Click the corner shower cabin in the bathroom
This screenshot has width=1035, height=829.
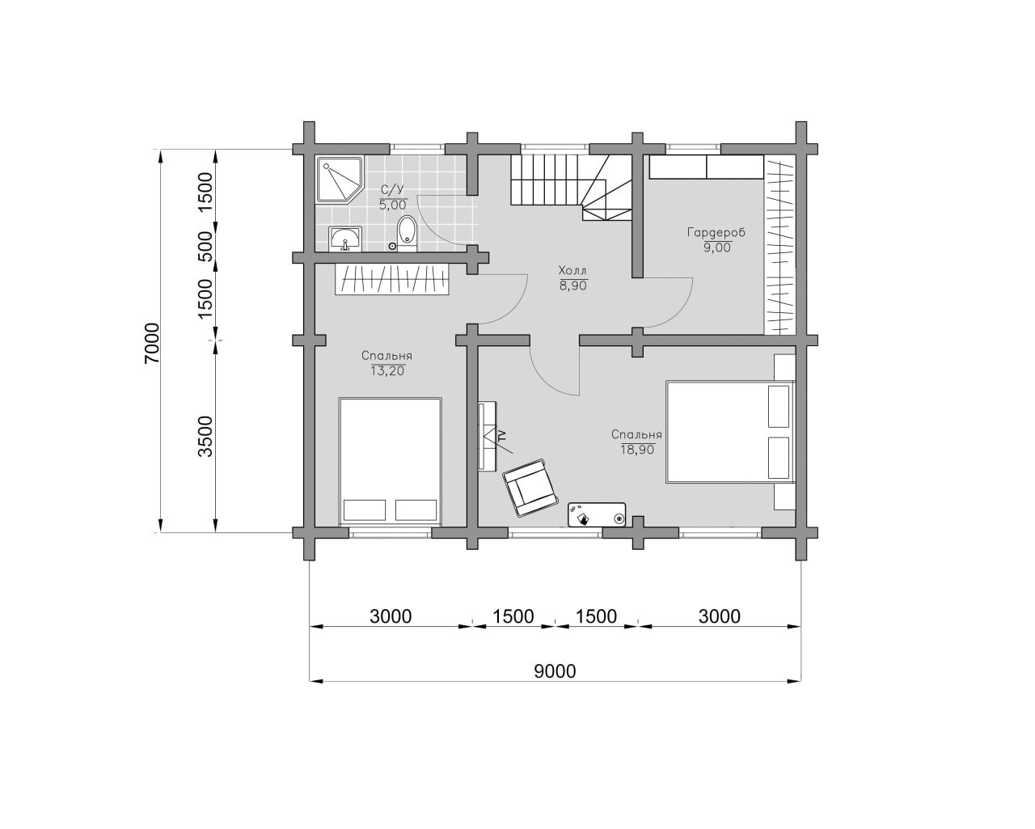coord(340,180)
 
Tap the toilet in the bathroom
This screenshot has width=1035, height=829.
coord(407,234)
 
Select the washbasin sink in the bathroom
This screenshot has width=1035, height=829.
coord(344,239)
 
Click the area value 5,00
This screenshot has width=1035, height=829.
coord(392,205)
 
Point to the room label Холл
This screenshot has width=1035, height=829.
coord(572,270)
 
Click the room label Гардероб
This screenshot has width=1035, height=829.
coord(716,234)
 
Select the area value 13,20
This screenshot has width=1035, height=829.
coord(387,371)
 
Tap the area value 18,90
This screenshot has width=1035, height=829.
coord(637,450)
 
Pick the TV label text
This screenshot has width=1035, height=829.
coord(502,436)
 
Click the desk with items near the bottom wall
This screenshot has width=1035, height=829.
coord(597,515)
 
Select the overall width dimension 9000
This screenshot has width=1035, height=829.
coord(555,671)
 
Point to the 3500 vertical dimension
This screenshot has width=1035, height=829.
coord(205,437)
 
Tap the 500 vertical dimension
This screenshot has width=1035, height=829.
coord(205,247)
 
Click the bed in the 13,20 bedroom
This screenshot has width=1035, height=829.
coord(390,460)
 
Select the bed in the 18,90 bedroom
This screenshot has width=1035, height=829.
coord(730,432)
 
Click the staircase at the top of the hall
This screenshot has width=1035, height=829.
coord(571,188)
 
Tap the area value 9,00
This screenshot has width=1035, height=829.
coord(716,247)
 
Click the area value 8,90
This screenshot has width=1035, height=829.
coord(572,285)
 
